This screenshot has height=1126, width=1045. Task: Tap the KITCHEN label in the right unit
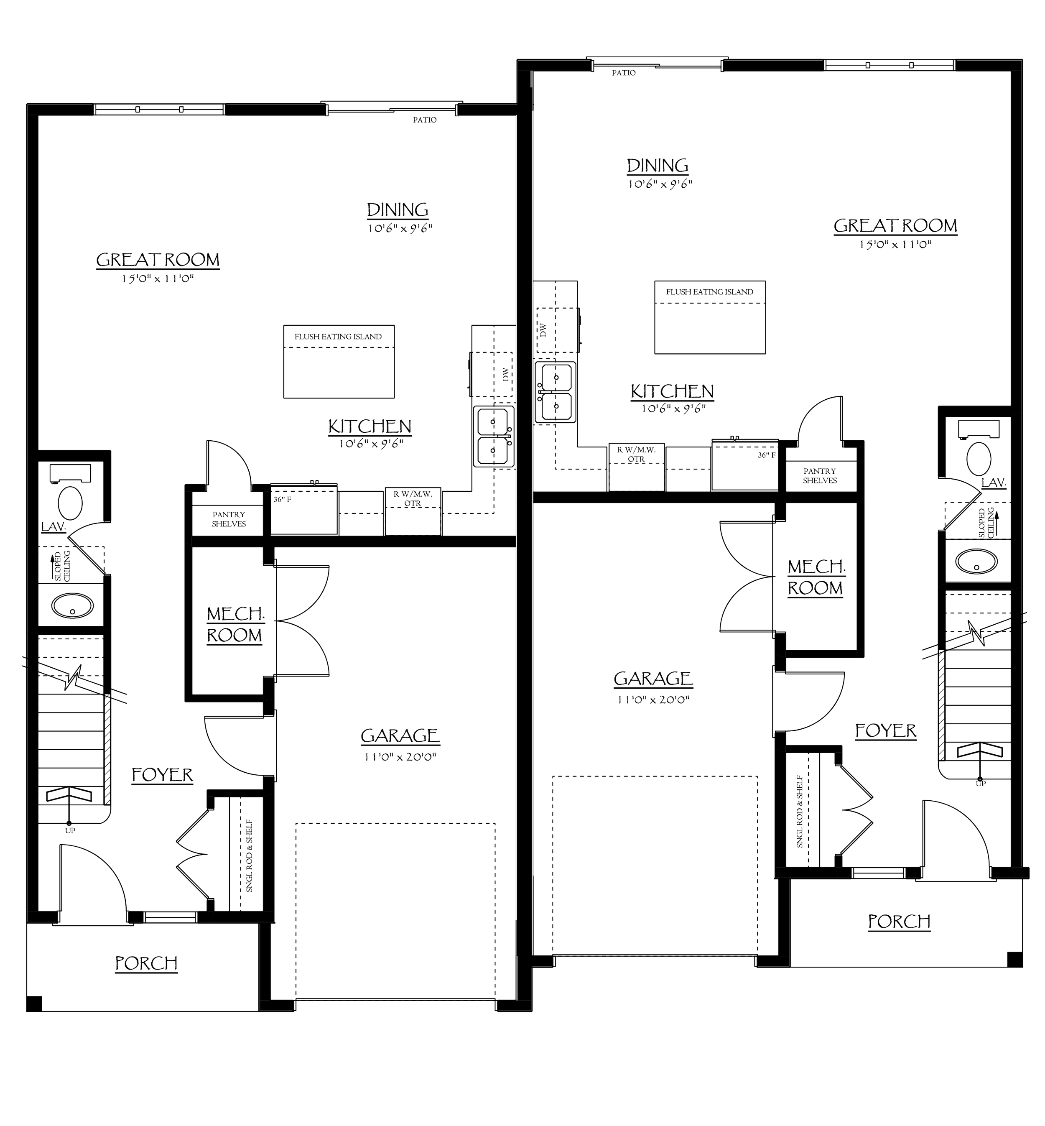point(672,391)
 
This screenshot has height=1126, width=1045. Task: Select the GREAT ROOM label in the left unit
point(158,260)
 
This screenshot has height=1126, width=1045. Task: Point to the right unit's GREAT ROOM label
point(896,226)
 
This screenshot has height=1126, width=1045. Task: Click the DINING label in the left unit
point(398,210)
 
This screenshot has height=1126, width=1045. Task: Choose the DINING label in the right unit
point(658,165)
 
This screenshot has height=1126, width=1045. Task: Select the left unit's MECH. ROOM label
point(234,624)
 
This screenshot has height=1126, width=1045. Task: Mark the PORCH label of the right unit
point(899,921)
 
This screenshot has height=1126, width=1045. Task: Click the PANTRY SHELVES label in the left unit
point(229,518)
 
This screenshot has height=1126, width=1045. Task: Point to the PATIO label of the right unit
point(624,73)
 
